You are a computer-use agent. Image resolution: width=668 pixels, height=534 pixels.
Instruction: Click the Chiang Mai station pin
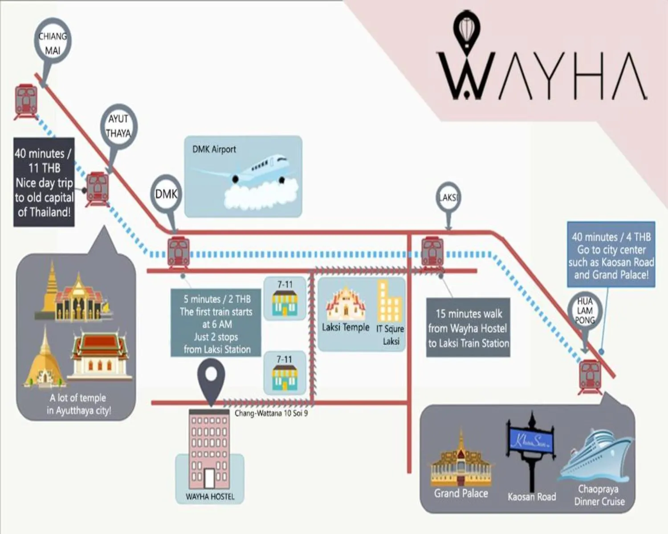pos(53,43)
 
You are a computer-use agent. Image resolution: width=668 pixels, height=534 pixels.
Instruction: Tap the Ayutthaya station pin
pos(118,126)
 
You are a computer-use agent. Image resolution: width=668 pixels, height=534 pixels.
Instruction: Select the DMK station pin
pos(166,194)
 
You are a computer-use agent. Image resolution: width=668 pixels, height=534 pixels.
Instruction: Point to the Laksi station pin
pos(448,197)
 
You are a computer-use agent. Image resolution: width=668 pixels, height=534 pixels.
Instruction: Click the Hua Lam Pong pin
pos(585,311)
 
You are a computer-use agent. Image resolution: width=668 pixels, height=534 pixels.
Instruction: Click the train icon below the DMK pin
pos(179,252)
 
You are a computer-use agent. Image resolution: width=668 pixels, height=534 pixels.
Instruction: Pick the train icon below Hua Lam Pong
pos(590,376)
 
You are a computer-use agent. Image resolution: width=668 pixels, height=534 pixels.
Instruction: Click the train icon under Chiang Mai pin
pos(26,101)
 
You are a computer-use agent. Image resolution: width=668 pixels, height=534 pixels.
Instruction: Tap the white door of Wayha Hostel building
pos(209,478)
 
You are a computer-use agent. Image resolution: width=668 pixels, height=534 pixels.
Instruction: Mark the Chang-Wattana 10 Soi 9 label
pos(271,413)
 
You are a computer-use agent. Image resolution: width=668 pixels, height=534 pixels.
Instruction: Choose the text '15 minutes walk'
pos(468,314)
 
